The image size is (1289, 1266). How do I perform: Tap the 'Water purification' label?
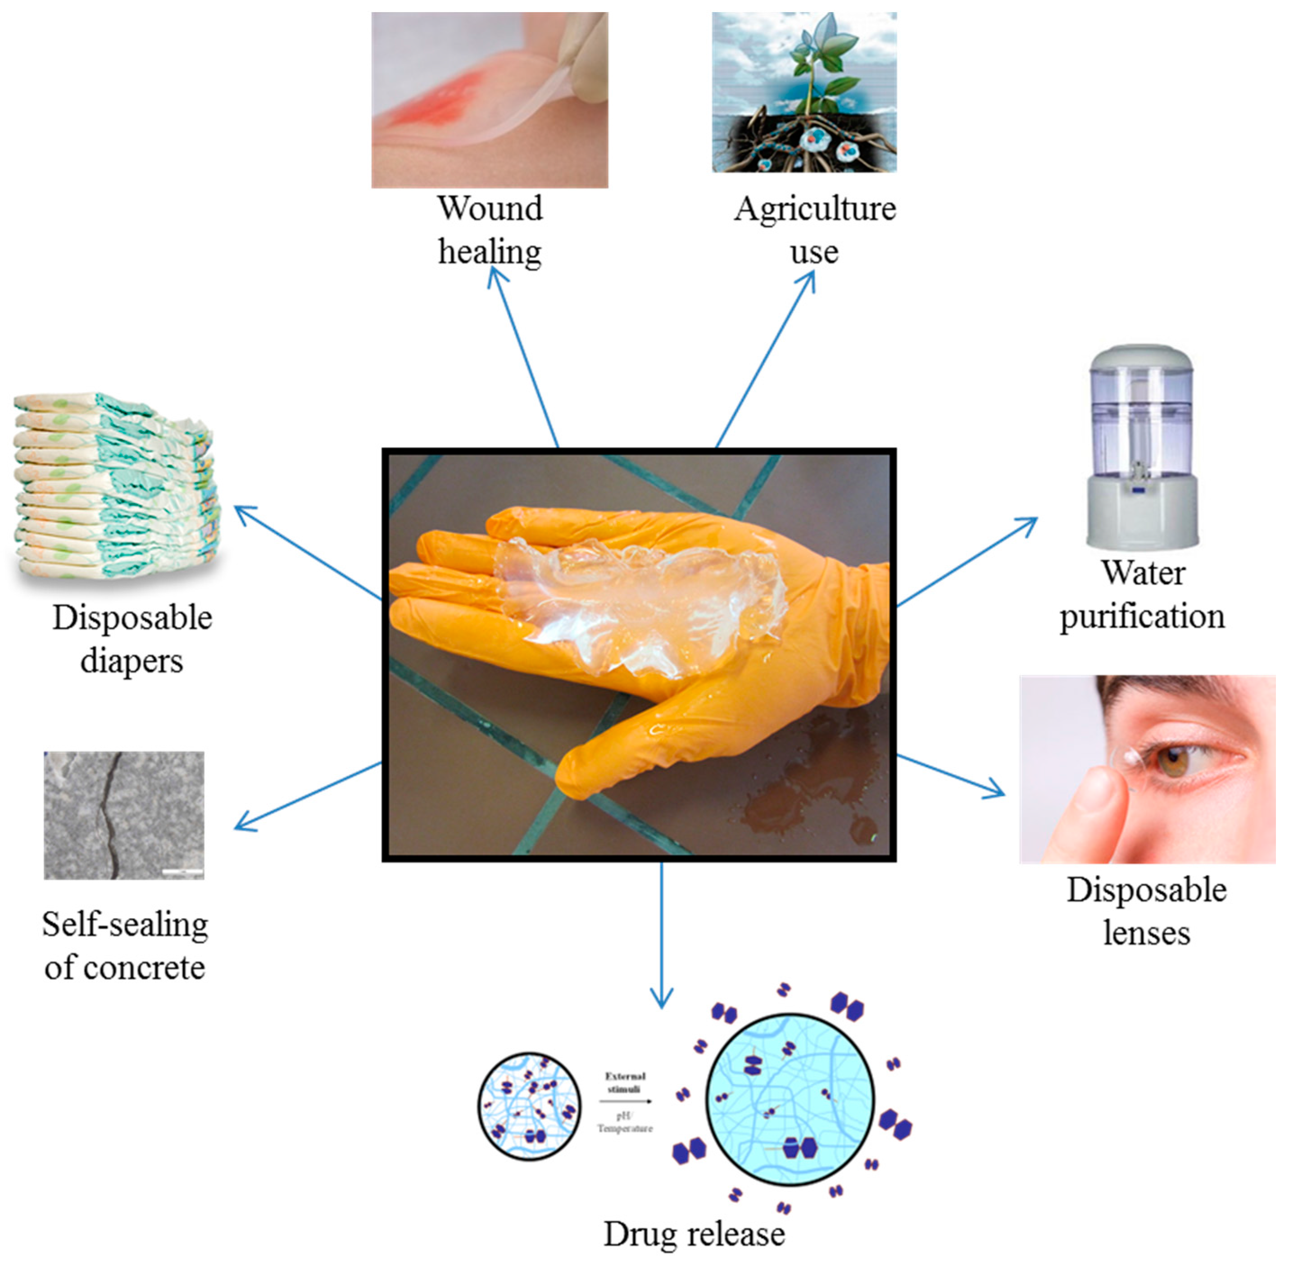[x=1141, y=594]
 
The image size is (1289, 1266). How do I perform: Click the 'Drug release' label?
[x=693, y=1234]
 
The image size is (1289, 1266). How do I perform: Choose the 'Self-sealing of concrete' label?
[x=124, y=945]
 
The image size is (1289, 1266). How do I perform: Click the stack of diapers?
[x=116, y=486]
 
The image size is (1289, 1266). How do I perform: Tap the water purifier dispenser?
[x=1141, y=445]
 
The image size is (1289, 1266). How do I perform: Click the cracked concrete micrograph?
[x=124, y=815]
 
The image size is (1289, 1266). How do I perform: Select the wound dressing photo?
[x=489, y=100]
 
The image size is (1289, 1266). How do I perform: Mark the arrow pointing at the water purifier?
[x=967, y=562]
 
